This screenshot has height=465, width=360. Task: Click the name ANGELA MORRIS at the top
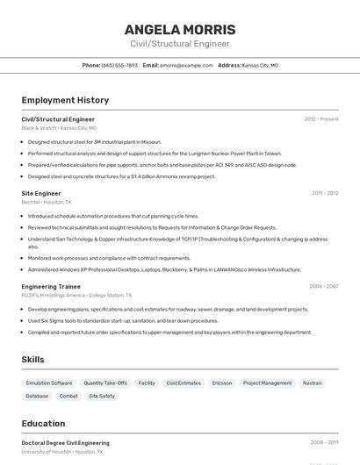[x=180, y=30]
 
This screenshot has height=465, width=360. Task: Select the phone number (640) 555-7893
[x=120, y=65]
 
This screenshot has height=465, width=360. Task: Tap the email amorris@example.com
[x=186, y=65]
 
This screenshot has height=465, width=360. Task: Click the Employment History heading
[x=65, y=100]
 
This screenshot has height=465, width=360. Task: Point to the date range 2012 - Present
[x=321, y=118]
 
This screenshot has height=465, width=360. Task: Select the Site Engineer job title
[x=41, y=193]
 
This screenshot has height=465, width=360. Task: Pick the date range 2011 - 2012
[x=325, y=193]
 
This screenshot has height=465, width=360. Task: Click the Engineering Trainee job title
[x=51, y=286]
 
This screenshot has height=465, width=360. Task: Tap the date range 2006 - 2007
[x=323, y=286]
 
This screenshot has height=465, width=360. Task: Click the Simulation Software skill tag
[x=49, y=383]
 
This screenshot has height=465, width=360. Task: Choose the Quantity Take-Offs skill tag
[x=105, y=383]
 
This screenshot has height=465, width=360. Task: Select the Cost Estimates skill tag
[x=184, y=383]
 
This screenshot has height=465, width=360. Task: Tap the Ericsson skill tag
[x=222, y=383]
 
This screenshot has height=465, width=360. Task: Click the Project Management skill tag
[x=267, y=383]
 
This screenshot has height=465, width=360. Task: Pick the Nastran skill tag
[x=312, y=383]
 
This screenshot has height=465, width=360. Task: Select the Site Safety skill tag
[x=102, y=396]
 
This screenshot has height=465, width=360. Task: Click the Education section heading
[x=43, y=423]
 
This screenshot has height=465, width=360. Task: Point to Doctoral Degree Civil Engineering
[x=66, y=443]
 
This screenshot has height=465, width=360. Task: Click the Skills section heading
[x=32, y=360]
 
